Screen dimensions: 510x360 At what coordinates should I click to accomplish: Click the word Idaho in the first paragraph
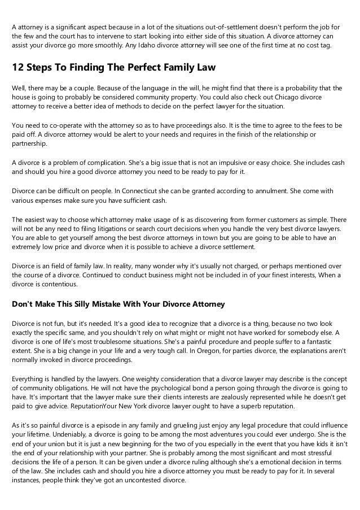165,45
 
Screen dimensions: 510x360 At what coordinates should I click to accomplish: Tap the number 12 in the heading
17,68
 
